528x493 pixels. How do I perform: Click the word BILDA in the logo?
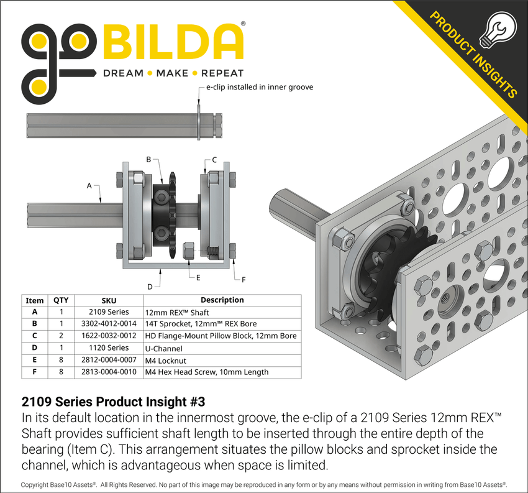click(x=174, y=42)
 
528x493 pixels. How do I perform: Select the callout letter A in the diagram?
click(x=89, y=185)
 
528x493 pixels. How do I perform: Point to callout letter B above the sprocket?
click(x=149, y=160)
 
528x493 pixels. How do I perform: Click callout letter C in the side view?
click(x=214, y=160)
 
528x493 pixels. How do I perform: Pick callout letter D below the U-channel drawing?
click(x=149, y=286)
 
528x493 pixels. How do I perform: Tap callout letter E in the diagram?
click(x=198, y=278)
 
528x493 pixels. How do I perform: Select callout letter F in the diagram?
click(x=243, y=280)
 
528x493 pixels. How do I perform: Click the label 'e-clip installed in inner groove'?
click(x=260, y=87)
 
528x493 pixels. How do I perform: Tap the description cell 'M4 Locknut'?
click(x=166, y=360)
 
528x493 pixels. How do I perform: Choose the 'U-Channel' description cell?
click(x=164, y=348)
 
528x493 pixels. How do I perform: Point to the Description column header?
click(x=222, y=300)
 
